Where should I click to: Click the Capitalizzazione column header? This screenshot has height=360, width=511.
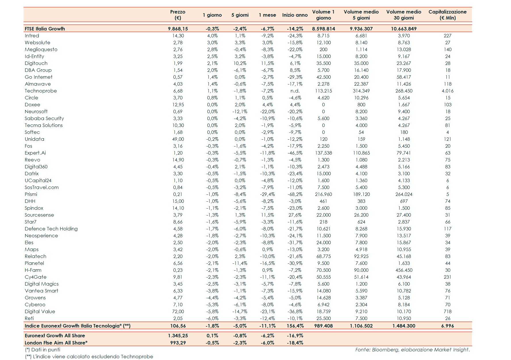[x=447, y=15]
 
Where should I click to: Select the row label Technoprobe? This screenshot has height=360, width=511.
[x=41, y=91]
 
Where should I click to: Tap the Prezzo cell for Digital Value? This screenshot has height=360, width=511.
[x=178, y=311]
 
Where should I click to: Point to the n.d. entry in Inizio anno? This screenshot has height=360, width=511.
[x=295, y=91]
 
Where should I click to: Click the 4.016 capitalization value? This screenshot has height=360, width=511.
[x=447, y=91]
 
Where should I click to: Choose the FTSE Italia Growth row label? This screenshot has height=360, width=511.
[x=45, y=29]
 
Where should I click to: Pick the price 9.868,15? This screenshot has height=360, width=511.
[x=178, y=29]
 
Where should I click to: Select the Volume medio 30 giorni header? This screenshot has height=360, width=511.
[x=404, y=15]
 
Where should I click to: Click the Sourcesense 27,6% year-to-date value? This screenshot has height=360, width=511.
[x=295, y=215]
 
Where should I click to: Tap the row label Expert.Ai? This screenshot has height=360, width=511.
[x=35, y=153]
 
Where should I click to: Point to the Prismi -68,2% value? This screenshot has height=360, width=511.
[x=295, y=194]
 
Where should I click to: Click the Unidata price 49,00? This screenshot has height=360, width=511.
[x=178, y=139]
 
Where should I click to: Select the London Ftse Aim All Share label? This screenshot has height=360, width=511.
[x=56, y=343]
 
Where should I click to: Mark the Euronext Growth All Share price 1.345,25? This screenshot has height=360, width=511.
[x=178, y=336]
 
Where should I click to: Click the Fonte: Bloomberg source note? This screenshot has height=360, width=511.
[x=412, y=350]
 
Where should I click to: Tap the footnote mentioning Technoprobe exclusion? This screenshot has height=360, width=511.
[x=89, y=357]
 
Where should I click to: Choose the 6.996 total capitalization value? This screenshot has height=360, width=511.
[x=447, y=326]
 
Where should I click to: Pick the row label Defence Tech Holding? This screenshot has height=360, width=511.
[x=51, y=229]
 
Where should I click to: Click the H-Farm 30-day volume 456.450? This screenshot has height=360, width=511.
[x=404, y=270]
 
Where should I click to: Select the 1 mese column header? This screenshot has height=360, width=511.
[x=267, y=15]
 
